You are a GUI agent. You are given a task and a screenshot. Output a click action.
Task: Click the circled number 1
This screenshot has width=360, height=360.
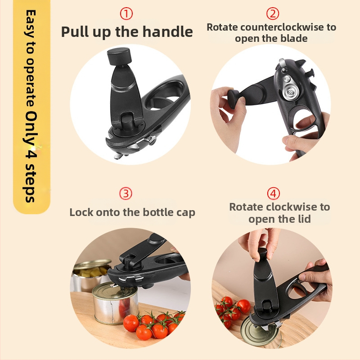126,14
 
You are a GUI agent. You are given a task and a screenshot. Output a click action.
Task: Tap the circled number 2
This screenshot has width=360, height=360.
273,13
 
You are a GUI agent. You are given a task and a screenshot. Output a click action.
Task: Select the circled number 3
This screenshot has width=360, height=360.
126,193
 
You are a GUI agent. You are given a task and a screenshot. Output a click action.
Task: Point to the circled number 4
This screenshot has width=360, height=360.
274,193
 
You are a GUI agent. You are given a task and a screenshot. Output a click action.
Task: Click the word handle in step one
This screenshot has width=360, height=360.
167,31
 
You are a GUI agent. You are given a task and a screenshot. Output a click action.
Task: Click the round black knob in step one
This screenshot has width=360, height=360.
119,56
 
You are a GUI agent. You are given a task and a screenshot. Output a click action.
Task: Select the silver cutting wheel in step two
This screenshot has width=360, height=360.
290,91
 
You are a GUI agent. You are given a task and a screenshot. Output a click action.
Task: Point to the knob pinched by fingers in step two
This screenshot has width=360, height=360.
234,98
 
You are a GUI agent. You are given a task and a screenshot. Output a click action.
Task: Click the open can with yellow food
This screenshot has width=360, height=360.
91,274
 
